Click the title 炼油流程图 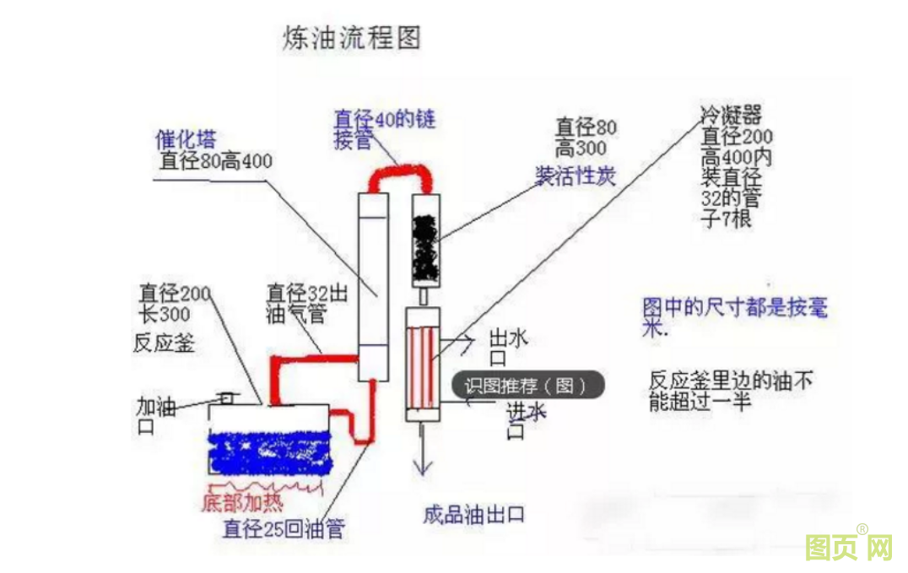point(351,38)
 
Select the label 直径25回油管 point(284,529)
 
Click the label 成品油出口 point(474,514)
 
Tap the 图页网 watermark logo point(848,547)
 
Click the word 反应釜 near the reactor point(164,342)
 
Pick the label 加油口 point(156,415)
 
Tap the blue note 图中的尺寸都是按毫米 point(734,316)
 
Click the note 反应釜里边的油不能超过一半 point(731,391)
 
